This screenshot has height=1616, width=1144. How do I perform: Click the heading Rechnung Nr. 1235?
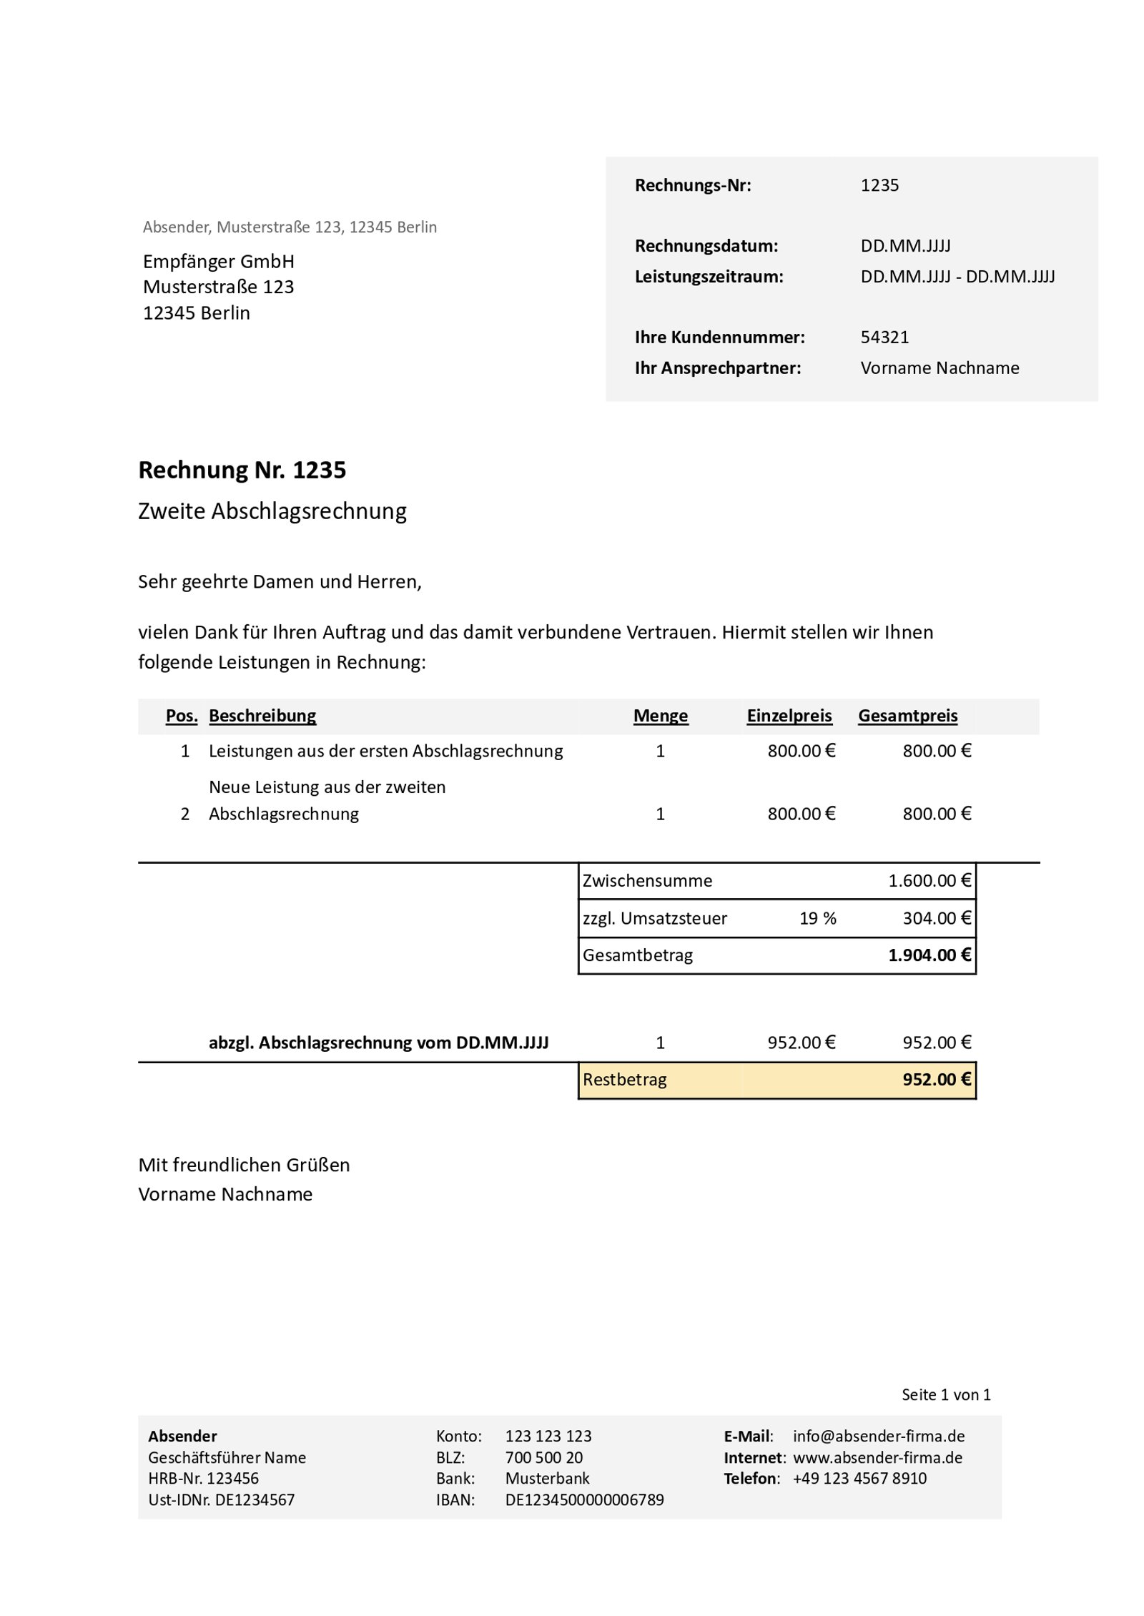(x=242, y=470)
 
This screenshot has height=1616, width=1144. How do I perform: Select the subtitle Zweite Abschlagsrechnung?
(x=272, y=511)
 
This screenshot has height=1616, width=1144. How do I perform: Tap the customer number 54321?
(x=884, y=337)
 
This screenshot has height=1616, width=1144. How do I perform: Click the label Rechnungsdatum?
(x=706, y=246)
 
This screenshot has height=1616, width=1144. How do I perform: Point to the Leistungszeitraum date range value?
(x=957, y=277)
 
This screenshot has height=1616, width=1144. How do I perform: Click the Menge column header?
(x=660, y=716)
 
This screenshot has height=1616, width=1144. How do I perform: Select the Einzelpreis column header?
(x=789, y=716)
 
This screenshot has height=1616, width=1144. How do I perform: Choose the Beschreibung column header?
(x=262, y=716)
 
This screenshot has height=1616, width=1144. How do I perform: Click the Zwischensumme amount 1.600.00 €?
(x=929, y=881)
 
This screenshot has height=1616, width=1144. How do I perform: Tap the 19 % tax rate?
(x=817, y=918)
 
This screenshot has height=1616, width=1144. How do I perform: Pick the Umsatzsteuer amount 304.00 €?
(x=936, y=918)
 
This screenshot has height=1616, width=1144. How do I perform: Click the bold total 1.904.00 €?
(x=929, y=955)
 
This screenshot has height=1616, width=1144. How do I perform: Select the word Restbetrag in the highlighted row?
(x=624, y=1080)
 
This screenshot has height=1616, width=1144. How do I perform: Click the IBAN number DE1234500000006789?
(x=584, y=1500)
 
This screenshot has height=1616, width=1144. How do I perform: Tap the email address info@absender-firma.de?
(x=878, y=1436)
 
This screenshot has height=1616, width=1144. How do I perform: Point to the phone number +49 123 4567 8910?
(x=859, y=1479)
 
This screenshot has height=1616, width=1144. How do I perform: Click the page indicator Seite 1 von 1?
(x=945, y=1394)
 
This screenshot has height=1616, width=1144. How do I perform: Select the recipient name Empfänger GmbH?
(x=218, y=261)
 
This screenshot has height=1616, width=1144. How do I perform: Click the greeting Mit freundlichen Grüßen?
(x=244, y=1165)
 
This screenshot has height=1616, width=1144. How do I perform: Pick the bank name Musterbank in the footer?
(x=547, y=1479)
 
